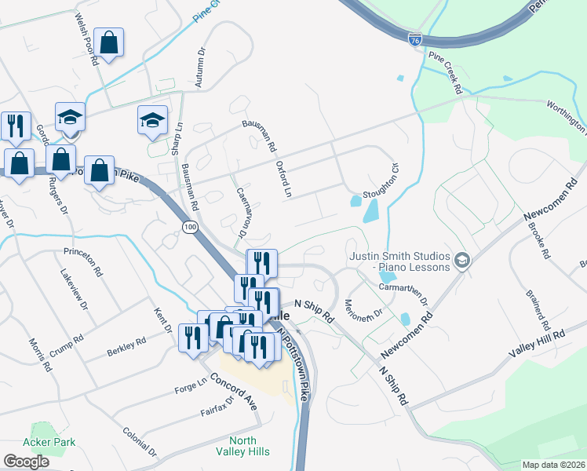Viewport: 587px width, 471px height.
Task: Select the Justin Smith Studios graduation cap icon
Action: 462,261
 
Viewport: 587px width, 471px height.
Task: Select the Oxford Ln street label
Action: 283,179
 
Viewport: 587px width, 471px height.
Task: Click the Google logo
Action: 26,462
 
